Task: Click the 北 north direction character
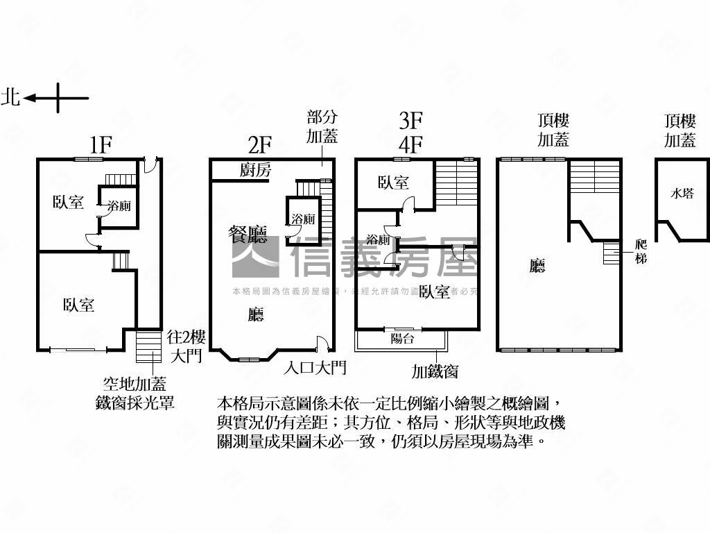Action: click(x=10, y=97)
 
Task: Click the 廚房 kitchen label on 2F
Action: click(x=256, y=170)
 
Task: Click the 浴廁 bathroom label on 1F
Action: click(x=119, y=206)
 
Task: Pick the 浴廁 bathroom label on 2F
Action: click(x=303, y=219)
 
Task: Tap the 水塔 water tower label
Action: click(x=682, y=194)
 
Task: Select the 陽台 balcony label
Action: click(x=402, y=339)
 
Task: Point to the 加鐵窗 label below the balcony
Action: click(x=435, y=372)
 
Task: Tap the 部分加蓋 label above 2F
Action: click(x=322, y=126)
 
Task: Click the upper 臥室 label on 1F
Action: click(x=69, y=203)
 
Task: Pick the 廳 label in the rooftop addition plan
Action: click(x=537, y=266)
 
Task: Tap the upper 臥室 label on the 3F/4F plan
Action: click(x=393, y=183)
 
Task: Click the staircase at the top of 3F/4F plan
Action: click(x=457, y=183)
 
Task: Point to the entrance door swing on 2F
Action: click(x=321, y=342)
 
